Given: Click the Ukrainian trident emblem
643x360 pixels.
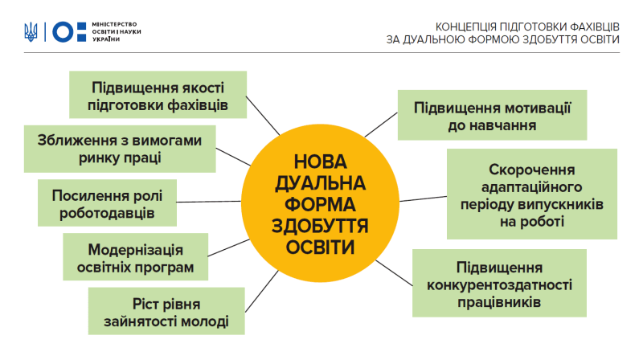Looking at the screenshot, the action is [x=31, y=32].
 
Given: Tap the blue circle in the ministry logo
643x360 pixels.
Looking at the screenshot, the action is [x=63, y=32].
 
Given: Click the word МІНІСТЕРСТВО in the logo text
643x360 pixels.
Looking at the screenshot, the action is [x=114, y=25].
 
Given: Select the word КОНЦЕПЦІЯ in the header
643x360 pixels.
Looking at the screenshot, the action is [x=465, y=27].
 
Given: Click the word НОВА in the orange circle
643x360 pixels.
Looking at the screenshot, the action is [x=320, y=162].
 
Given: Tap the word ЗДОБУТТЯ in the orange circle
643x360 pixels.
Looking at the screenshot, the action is [x=320, y=226].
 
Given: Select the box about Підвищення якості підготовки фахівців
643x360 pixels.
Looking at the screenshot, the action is [x=158, y=95].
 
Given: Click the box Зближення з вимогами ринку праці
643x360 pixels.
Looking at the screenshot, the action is [x=120, y=149].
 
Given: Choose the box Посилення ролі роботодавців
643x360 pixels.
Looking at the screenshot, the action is [x=107, y=202].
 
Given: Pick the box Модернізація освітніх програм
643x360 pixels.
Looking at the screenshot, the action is [x=135, y=256].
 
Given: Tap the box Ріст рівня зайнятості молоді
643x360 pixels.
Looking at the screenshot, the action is [x=166, y=311].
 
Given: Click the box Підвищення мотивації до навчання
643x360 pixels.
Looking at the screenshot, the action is [x=492, y=115].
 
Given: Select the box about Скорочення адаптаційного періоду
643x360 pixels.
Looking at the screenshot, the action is [x=532, y=194].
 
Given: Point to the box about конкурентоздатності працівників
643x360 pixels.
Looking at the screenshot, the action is [x=499, y=283].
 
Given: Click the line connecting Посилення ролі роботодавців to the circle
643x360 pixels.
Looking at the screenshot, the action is [x=209, y=202].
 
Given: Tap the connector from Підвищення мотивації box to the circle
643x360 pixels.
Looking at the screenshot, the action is [x=381, y=125].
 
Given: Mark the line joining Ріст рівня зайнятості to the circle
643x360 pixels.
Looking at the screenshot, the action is [x=262, y=291].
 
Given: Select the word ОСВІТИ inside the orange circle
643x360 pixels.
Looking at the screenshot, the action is [x=320, y=247].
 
